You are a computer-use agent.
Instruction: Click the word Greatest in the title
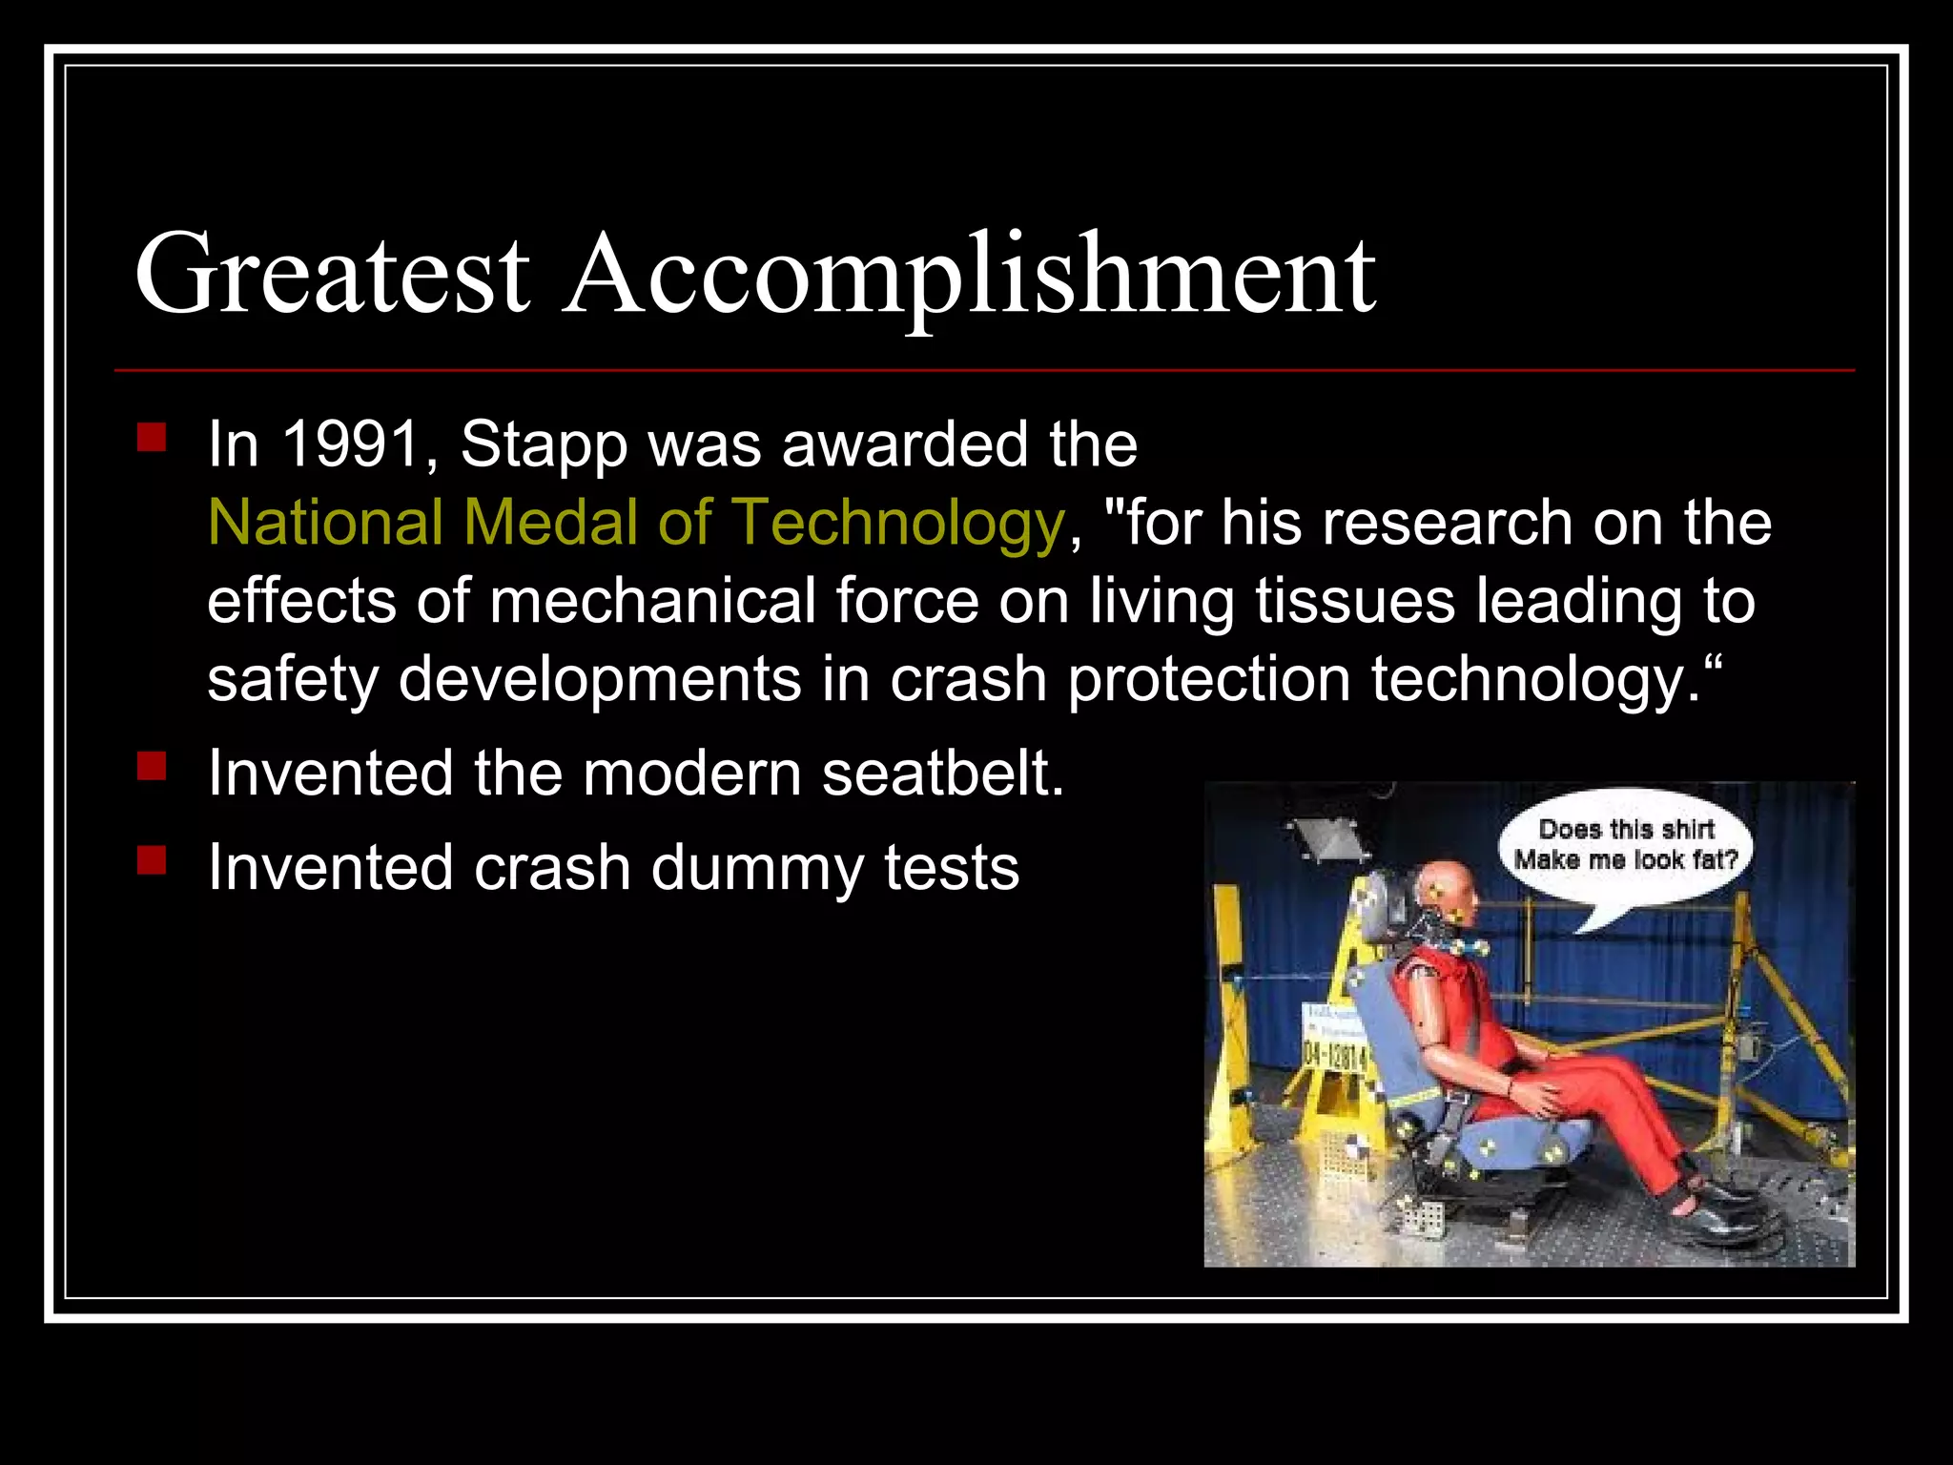click(332, 274)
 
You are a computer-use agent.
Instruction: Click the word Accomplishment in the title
click(968, 274)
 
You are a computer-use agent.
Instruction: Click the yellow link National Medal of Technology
click(636, 523)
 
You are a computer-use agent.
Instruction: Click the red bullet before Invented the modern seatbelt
click(152, 767)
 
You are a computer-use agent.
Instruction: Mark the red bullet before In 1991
click(152, 438)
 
